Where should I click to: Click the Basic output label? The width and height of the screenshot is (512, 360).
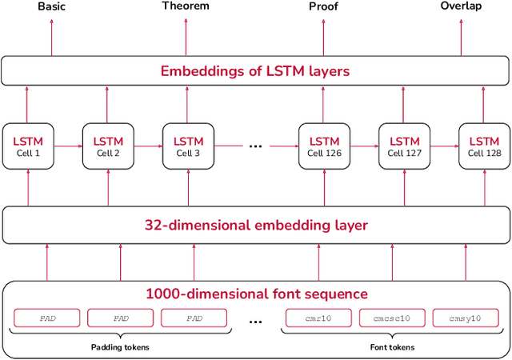point(51,6)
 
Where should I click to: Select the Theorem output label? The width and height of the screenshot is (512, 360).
point(186,6)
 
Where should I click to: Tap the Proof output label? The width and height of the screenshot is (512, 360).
point(323,6)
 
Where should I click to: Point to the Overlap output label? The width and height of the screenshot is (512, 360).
point(461,6)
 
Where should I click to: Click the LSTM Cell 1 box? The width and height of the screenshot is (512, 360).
point(27,146)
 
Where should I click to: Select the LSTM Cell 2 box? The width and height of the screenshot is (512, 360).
point(107,146)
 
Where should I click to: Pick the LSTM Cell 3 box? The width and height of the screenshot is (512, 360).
point(187,146)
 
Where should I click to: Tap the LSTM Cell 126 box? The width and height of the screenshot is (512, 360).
point(324,146)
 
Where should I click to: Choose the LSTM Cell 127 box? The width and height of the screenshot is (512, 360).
point(404,146)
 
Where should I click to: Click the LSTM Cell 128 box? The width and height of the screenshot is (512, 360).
point(483,146)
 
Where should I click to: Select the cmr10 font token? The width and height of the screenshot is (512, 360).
point(318,318)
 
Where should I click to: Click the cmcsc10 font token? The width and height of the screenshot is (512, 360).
point(392,318)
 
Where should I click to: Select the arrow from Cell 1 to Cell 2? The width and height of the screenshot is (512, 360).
point(67,146)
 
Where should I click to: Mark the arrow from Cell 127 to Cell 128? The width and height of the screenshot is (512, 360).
point(444,146)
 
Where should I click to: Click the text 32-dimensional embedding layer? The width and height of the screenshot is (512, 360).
point(255,225)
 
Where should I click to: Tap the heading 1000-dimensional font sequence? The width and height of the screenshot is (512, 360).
point(255,293)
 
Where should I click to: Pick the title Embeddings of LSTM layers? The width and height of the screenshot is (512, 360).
point(255,71)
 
